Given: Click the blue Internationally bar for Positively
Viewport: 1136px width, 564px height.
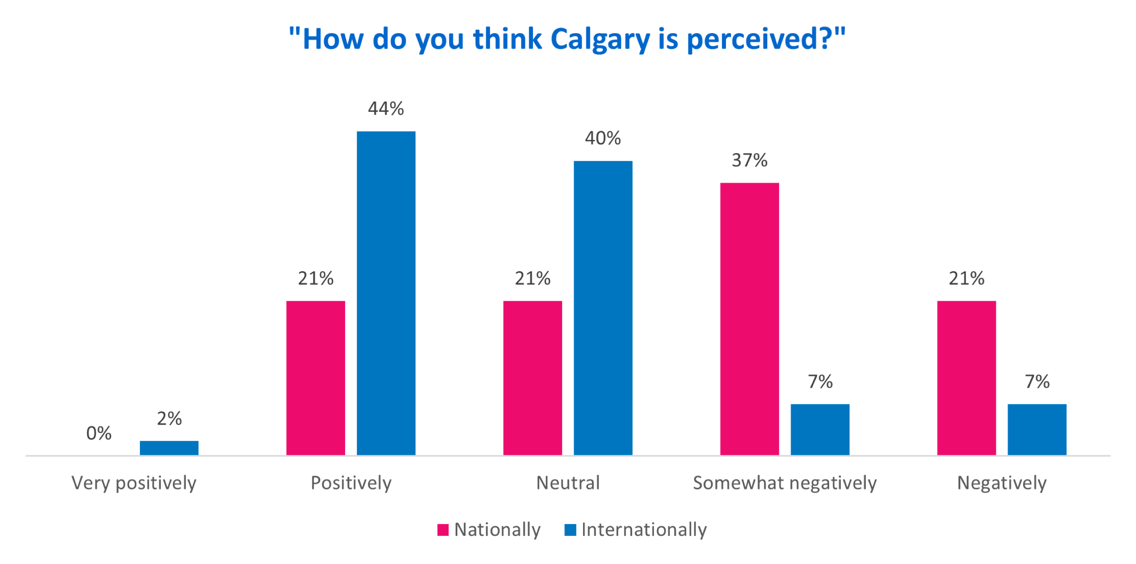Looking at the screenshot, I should point(386,293).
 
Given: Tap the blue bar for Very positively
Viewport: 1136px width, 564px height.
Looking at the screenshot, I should point(169,448).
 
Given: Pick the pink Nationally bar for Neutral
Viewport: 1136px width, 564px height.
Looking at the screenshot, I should point(533,378).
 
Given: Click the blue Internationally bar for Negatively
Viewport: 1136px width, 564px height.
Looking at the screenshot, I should point(1037,429).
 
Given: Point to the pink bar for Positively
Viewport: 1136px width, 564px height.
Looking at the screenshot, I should point(316,378).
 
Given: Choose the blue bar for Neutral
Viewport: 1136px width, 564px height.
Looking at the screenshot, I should point(603,308).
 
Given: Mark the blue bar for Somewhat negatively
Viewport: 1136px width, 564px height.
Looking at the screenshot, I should point(820,429).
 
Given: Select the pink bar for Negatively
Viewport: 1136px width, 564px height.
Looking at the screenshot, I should point(967,378).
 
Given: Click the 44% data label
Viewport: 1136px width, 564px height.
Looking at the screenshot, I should point(386,109).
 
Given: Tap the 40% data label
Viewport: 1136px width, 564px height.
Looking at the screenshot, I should point(603,138).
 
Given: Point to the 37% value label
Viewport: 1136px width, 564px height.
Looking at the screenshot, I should point(749,160).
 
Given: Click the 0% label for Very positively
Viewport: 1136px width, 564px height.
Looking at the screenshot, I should point(99,433).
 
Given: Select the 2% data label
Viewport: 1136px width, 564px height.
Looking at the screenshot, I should point(169,419).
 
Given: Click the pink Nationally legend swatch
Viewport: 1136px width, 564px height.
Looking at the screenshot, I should point(443,529).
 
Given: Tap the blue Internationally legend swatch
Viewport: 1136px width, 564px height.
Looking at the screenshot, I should point(570,529).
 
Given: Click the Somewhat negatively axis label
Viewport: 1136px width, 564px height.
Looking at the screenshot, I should point(785,483).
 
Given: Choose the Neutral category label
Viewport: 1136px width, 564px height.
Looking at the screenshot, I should point(568,483).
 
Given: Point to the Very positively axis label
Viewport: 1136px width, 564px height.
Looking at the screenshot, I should point(134,483).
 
